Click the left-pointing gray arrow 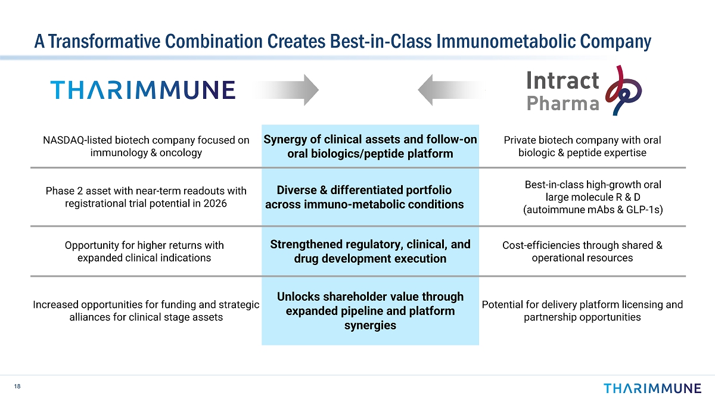(x=450, y=90)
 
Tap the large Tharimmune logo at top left (x=143, y=90)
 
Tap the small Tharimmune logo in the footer (x=652, y=388)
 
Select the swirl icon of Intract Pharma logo (x=623, y=91)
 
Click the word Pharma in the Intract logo (x=562, y=104)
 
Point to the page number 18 (x=17, y=387)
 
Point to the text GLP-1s (x=643, y=210)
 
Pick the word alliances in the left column (x=89, y=317)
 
